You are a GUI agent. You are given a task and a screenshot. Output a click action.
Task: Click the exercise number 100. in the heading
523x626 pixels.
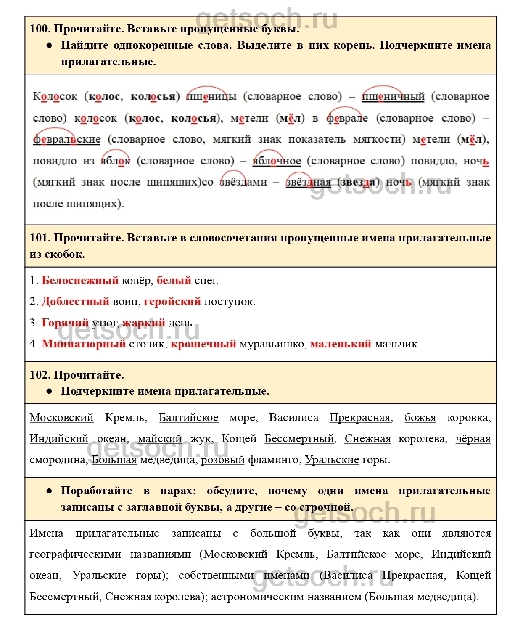click(x=40, y=29)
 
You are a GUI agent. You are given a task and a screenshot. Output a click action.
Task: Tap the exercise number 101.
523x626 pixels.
click(x=40, y=238)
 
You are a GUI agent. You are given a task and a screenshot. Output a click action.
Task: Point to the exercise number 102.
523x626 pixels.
click(x=40, y=375)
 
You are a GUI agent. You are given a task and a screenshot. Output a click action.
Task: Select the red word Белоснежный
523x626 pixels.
click(x=80, y=281)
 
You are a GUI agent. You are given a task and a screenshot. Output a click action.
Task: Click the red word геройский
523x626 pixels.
click(x=172, y=302)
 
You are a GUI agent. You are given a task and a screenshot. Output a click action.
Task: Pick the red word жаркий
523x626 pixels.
click(x=144, y=323)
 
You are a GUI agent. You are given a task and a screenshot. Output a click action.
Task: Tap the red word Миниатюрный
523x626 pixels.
click(x=84, y=344)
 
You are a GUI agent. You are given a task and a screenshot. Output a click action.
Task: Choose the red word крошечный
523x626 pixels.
click(x=203, y=344)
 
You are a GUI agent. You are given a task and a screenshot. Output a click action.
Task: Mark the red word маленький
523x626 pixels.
click(x=341, y=344)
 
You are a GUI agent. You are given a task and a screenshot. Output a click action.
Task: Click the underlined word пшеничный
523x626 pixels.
click(x=393, y=97)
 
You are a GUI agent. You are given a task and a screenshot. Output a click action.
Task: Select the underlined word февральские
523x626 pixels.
click(x=67, y=139)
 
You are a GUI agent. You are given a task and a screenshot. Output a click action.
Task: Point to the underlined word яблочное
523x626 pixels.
click(x=277, y=161)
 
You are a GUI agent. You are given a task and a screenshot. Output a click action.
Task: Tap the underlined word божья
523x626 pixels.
click(x=420, y=418)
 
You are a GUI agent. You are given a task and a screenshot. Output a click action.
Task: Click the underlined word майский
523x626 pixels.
click(x=160, y=439)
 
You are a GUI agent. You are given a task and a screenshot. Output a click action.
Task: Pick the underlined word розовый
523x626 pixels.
click(x=223, y=460)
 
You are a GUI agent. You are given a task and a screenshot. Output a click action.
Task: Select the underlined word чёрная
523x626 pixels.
click(x=473, y=439)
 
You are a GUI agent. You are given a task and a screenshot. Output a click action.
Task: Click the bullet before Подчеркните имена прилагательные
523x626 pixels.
click(x=49, y=391)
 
